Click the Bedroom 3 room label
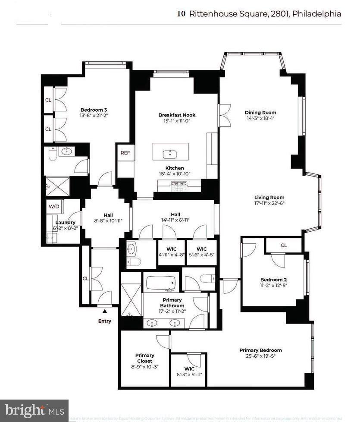tap(94, 110)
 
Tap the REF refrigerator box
tap(125, 153)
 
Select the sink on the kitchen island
tap(171, 152)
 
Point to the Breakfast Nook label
tap(177, 115)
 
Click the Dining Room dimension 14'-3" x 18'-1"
tap(260, 118)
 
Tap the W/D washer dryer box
tap(54, 207)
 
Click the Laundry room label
tap(65, 222)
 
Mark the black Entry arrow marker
tap(104, 310)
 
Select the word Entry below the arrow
tap(104, 321)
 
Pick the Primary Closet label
tap(144, 358)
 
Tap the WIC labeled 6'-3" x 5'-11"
tap(189, 372)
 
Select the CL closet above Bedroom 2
tap(284, 245)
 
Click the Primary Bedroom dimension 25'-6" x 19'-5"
tap(260, 356)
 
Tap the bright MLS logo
tap(34, 410)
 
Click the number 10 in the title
tap(182, 14)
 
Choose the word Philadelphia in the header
tap(316, 14)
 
